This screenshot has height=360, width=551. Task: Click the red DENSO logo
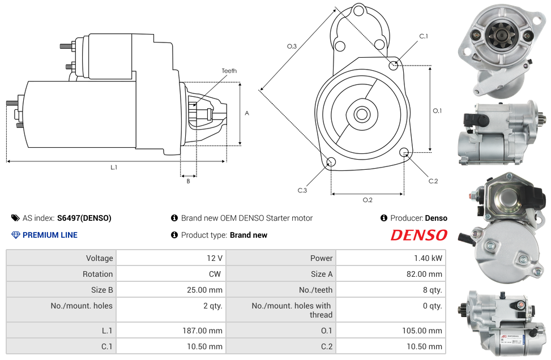click(419, 235)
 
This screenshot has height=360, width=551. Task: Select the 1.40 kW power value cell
click(428, 258)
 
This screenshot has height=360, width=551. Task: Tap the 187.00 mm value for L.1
click(202, 331)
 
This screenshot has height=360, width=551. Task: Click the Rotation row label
click(98, 274)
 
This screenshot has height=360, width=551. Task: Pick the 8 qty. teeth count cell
click(433, 290)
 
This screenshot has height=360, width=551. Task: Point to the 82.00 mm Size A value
click(424, 274)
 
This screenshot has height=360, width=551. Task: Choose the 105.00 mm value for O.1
click(422, 331)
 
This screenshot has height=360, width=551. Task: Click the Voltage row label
click(100, 258)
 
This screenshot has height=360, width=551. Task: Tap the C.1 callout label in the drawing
click(424, 36)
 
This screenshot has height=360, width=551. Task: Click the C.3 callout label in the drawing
click(302, 190)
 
